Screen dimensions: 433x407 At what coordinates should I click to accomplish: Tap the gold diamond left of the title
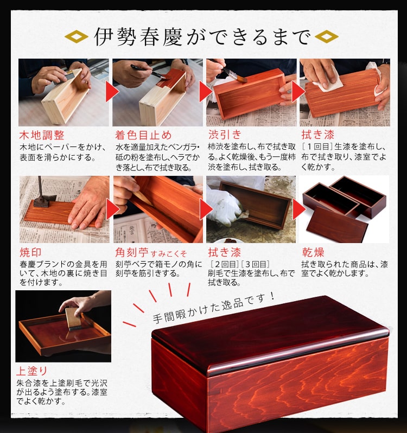click(x=77, y=37)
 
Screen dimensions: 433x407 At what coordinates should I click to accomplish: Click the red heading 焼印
click(x=30, y=252)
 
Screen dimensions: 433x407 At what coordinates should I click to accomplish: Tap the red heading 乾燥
click(x=313, y=252)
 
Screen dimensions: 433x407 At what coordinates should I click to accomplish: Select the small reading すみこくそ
click(x=170, y=253)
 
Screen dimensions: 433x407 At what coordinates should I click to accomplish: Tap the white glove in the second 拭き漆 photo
click(x=225, y=206)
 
